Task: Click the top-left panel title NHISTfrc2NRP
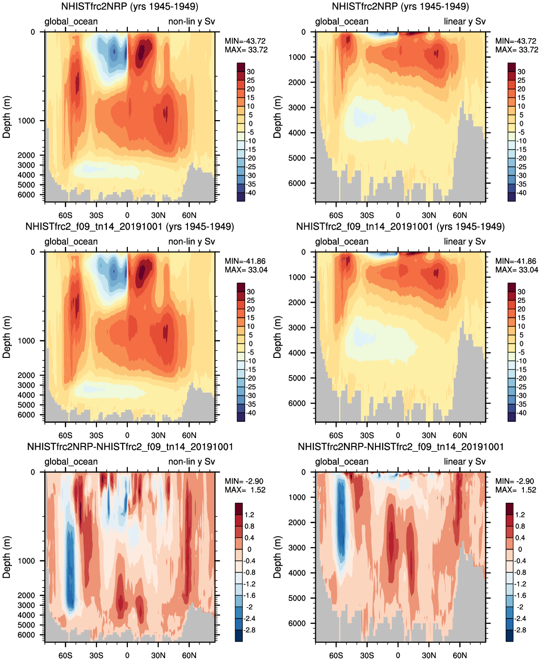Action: click(130, 7)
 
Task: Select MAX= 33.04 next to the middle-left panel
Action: click(246, 270)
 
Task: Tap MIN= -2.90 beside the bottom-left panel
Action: click(244, 481)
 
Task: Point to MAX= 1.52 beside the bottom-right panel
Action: click(516, 490)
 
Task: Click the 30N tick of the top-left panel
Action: click(158, 215)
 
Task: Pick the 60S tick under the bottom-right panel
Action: click(336, 655)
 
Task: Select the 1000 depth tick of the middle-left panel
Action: click(27, 341)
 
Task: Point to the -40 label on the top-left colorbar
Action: click(251, 193)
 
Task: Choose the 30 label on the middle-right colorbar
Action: click(521, 292)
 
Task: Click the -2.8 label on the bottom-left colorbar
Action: click(250, 630)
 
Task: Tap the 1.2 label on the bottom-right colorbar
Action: click(520, 515)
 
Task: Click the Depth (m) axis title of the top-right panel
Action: click(277, 117)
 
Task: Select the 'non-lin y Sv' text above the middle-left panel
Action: click(191, 242)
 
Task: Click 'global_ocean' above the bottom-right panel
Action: click(342, 461)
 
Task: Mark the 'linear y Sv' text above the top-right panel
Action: click(464, 21)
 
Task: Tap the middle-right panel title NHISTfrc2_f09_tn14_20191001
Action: click(400, 227)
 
